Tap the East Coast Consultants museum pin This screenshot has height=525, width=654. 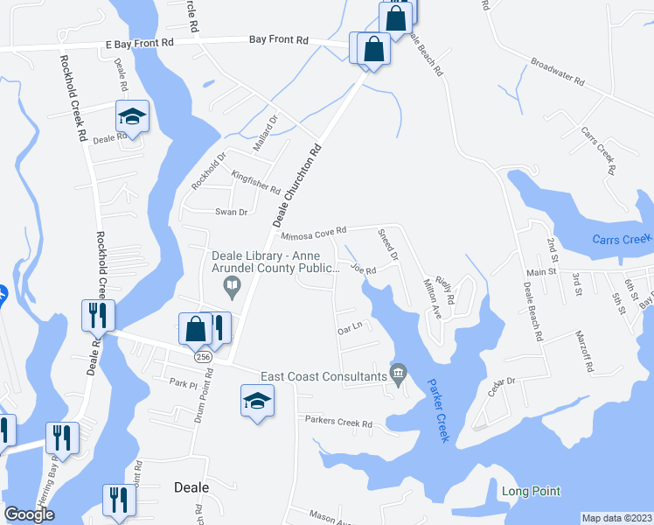click(x=399, y=374)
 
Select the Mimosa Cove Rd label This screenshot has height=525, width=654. click(x=314, y=233)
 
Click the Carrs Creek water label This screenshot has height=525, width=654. click(x=622, y=240)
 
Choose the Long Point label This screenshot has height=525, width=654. click(x=531, y=491)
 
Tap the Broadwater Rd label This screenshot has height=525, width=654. click(x=557, y=71)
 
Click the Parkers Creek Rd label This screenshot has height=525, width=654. click(x=338, y=423)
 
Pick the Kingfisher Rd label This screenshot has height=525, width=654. click(x=255, y=183)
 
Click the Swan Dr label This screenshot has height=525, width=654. click(x=232, y=212)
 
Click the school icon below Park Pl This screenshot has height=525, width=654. click(x=257, y=402)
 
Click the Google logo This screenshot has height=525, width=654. click(x=30, y=514)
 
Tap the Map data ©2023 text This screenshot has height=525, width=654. click(x=616, y=518)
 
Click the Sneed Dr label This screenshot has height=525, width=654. click(x=387, y=246)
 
